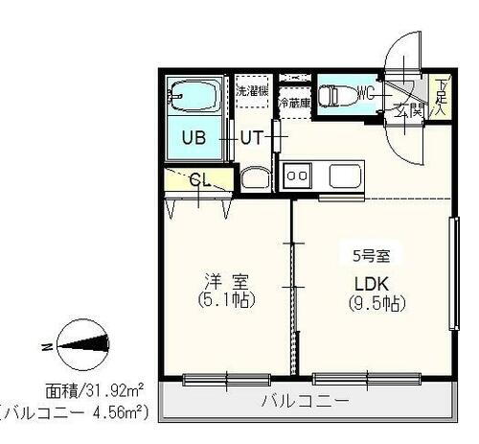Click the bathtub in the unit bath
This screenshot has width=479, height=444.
coord(195,95)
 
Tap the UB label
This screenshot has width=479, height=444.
coord(194,136)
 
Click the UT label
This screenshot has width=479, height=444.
coord(251,136)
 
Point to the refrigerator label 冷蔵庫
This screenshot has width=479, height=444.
coord(293,100)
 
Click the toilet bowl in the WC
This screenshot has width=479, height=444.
coord(335,94)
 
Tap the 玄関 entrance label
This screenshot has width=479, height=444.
coord(411,109)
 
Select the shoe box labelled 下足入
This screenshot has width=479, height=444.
coord(440,96)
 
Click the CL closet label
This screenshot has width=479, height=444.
coord(199,178)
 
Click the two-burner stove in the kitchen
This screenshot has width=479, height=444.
coord(297,175)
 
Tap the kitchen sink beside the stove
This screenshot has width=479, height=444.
coord(344,175)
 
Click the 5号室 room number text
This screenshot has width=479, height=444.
coord(370,256)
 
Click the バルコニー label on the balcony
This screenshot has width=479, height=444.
coord(305,401)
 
